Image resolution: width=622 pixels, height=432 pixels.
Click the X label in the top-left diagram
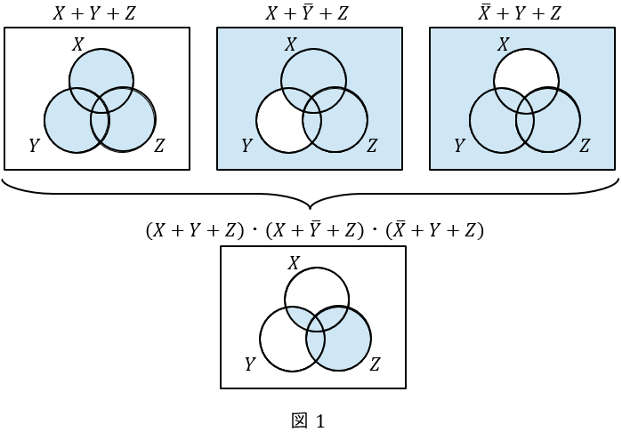[x=77, y=44]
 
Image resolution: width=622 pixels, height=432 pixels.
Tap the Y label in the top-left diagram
[x=35, y=146]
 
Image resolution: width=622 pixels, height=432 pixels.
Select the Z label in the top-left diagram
[x=159, y=146]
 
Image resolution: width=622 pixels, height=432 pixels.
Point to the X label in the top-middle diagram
[x=290, y=44]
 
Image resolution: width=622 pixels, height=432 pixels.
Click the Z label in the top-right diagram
[x=585, y=146]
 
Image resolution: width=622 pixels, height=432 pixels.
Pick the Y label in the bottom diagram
[x=250, y=364]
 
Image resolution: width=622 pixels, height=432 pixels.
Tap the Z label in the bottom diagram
[x=375, y=364]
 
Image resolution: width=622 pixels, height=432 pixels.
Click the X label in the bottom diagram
[x=294, y=263]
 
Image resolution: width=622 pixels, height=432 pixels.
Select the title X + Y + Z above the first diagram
[x=94, y=13]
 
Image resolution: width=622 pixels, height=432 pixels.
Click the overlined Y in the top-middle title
[x=307, y=12]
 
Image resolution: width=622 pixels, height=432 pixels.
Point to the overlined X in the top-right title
[x=484, y=12]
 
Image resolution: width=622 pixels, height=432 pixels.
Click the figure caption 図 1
[x=308, y=421]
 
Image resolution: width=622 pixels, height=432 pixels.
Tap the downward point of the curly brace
[x=310, y=208]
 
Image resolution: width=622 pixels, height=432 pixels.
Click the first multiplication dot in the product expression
[x=254, y=230]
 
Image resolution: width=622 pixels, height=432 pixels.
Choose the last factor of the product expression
[x=435, y=230]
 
